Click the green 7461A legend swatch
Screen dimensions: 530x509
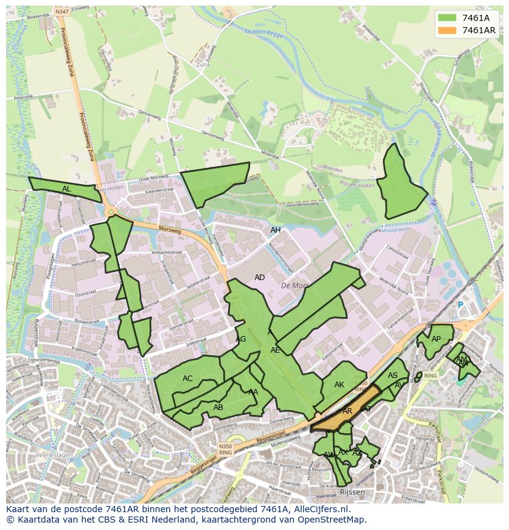[x=448, y=18]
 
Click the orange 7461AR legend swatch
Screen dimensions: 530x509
[x=448, y=30]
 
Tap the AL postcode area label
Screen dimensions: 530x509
[x=66, y=189]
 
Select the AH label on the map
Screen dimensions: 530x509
[x=275, y=230]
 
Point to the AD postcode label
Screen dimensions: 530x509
[x=259, y=278]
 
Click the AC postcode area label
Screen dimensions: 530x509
[x=187, y=379]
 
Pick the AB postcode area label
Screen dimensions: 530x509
[x=218, y=407]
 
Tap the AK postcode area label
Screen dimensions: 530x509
[x=339, y=385]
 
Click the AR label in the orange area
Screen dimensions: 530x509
[x=347, y=411]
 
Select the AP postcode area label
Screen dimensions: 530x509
[x=436, y=339]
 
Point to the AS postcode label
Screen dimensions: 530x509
[x=393, y=375]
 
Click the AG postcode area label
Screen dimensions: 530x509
[x=240, y=339]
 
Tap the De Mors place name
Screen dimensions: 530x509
[x=294, y=286]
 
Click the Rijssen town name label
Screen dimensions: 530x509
[x=352, y=492]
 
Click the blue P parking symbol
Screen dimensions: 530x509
[x=460, y=305]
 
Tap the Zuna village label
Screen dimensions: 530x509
[x=203, y=64]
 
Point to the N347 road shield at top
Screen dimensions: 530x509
[x=61, y=12]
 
